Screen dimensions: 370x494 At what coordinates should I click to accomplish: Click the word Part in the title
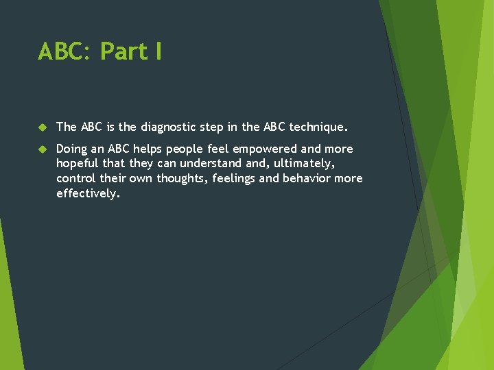coord(123,51)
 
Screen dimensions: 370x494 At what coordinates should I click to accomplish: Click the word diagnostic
coord(169,127)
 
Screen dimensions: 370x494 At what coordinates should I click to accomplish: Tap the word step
coord(217,127)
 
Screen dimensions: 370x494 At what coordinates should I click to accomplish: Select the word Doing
coord(72,149)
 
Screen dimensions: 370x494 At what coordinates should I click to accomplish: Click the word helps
coord(154,149)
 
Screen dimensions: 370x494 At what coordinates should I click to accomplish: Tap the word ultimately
coord(303,164)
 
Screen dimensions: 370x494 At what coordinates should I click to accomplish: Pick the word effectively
coord(88,194)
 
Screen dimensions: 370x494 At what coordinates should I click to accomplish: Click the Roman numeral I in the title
coord(158,51)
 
